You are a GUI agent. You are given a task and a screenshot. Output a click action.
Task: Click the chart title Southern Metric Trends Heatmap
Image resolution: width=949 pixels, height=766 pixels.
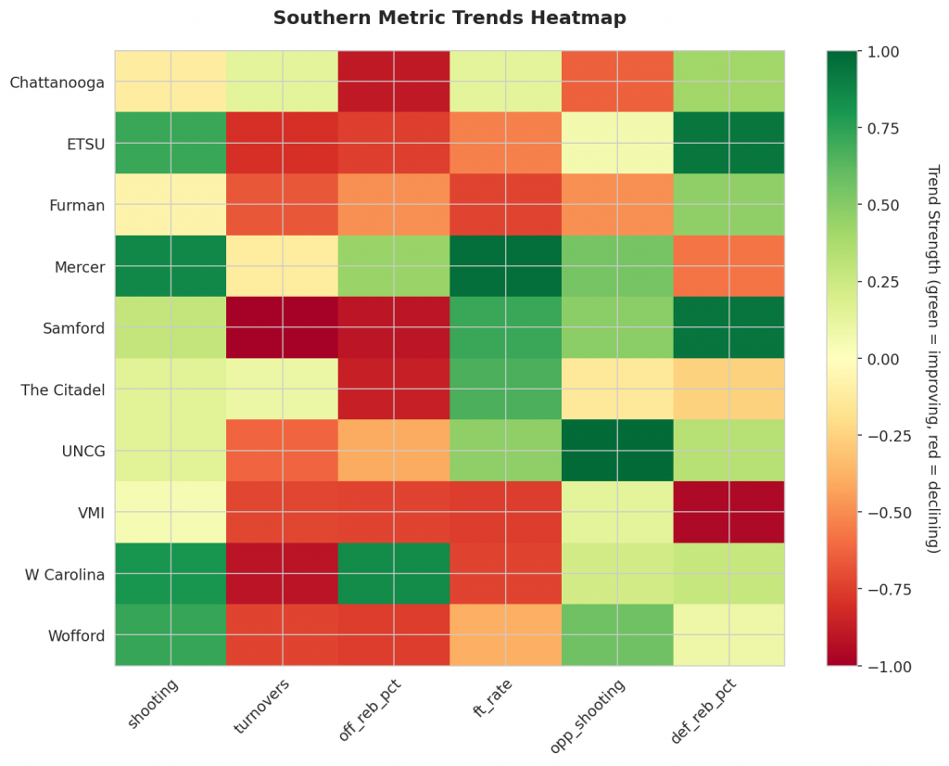tap(449, 18)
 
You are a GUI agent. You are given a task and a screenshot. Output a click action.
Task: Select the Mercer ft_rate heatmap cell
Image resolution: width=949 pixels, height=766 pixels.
tap(505, 265)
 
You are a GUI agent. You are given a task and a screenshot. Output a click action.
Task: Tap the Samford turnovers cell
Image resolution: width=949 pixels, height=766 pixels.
tap(282, 326)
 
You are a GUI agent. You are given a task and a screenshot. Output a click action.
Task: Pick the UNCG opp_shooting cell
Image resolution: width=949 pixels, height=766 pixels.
tap(616, 450)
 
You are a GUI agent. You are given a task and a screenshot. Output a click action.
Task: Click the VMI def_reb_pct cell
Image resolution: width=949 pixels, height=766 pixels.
tap(728, 511)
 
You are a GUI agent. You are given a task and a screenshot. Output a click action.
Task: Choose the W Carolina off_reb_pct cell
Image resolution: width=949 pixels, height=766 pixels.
tap(394, 573)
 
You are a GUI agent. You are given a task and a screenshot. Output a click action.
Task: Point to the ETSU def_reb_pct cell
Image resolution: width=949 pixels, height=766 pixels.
tap(728, 142)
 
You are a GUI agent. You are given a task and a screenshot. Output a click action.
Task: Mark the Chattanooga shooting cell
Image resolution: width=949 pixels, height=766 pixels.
tap(171, 81)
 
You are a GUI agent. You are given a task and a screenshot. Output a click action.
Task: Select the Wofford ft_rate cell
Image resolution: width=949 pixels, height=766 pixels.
tap(505, 634)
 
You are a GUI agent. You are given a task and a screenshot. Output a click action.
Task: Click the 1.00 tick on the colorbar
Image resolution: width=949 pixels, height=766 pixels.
tap(879, 51)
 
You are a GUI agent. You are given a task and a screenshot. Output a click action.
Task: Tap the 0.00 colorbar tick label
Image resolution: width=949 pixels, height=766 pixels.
tap(879, 359)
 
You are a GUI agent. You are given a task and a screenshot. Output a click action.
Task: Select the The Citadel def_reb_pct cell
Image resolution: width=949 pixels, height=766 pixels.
tap(728, 389)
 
